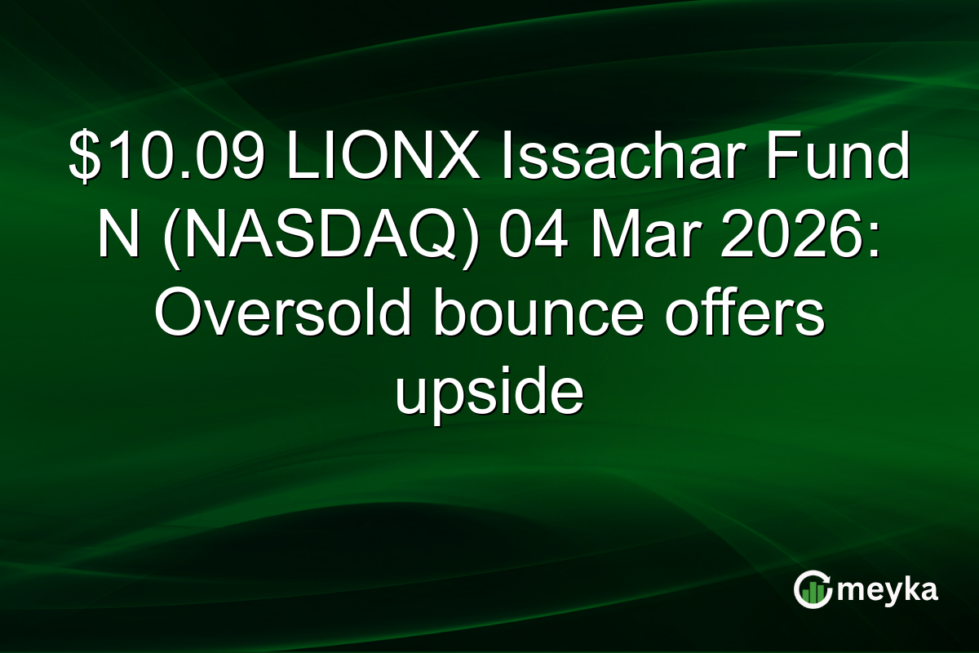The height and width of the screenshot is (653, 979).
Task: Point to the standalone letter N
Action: point(116,238)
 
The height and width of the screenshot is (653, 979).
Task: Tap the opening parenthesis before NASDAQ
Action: point(167,238)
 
